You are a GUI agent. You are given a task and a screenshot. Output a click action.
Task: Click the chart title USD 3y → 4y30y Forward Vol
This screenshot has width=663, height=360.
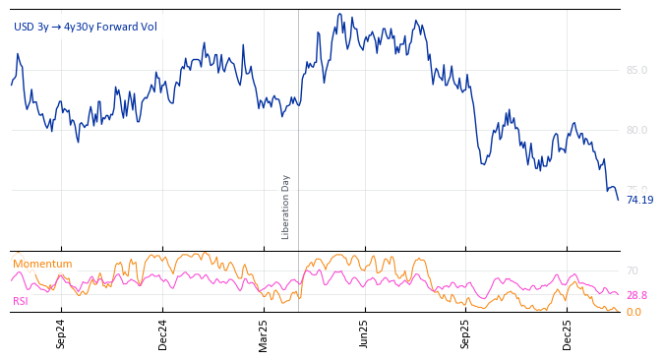85,28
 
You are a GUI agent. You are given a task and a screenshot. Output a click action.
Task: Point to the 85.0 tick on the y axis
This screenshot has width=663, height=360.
636,70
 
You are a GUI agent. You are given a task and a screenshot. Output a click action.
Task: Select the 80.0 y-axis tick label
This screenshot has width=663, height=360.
636,130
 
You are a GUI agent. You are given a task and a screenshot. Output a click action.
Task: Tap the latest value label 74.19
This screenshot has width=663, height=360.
639,200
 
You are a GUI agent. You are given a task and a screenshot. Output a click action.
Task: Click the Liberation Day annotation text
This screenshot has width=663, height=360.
286,207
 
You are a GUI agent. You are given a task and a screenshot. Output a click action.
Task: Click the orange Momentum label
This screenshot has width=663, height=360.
42,265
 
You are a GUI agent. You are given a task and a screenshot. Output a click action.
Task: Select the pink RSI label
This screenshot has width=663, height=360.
21,301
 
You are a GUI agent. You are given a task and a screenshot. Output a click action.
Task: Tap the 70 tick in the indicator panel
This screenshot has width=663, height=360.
633,270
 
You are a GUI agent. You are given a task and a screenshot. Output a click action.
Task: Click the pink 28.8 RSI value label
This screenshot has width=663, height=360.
636,295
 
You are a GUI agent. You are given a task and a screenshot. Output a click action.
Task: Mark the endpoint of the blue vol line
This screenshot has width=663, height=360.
619,200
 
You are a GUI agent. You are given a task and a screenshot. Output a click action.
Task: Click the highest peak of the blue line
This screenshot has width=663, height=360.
339,14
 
